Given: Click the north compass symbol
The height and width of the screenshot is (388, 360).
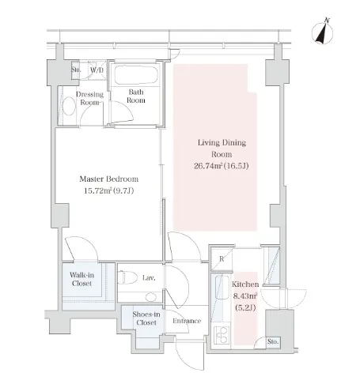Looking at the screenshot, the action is pyautogui.click(x=322, y=32).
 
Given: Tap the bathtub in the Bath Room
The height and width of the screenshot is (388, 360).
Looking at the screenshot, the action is pyautogui.click(x=136, y=74).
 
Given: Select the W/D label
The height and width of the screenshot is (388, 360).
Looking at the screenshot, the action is pyautogui.click(x=97, y=70).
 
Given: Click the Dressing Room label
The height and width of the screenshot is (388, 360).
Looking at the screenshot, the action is pyautogui.click(x=89, y=98).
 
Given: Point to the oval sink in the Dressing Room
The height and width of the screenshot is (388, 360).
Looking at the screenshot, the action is pyautogui.click(x=69, y=106).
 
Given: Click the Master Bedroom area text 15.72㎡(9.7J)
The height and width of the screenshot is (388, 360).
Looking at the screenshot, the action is pyautogui.click(x=108, y=190).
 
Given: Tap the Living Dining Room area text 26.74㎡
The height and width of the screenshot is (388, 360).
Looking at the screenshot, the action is pyautogui.click(x=208, y=166).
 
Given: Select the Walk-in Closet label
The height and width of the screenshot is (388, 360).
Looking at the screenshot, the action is pyautogui.click(x=81, y=279).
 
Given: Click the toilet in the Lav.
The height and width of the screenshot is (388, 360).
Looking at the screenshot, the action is pyautogui.click(x=127, y=278).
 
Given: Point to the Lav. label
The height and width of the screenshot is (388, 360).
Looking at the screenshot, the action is pyautogui.click(x=149, y=277).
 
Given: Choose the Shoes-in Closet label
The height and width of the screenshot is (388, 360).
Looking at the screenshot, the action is pyautogui.click(x=146, y=318).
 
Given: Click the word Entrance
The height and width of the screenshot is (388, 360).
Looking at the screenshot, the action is pyautogui.click(x=187, y=321).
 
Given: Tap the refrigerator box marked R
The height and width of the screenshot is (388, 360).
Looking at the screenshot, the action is pyautogui.click(x=222, y=259).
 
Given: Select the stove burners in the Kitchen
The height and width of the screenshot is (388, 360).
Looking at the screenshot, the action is pyautogui.click(x=222, y=334).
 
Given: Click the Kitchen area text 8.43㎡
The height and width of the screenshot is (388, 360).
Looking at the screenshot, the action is pyautogui.click(x=245, y=296).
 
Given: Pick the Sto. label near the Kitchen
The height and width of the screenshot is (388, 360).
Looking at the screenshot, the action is pyautogui.click(x=273, y=341).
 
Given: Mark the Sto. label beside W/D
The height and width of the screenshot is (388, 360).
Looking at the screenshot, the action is pyautogui.click(x=76, y=70).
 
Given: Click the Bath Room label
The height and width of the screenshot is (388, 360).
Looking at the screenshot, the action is pyautogui.click(x=136, y=96).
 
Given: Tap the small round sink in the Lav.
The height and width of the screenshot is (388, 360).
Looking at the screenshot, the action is pyautogui.click(x=151, y=297).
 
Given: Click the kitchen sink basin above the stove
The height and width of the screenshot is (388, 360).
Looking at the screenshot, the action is pyautogui.click(x=222, y=287).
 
